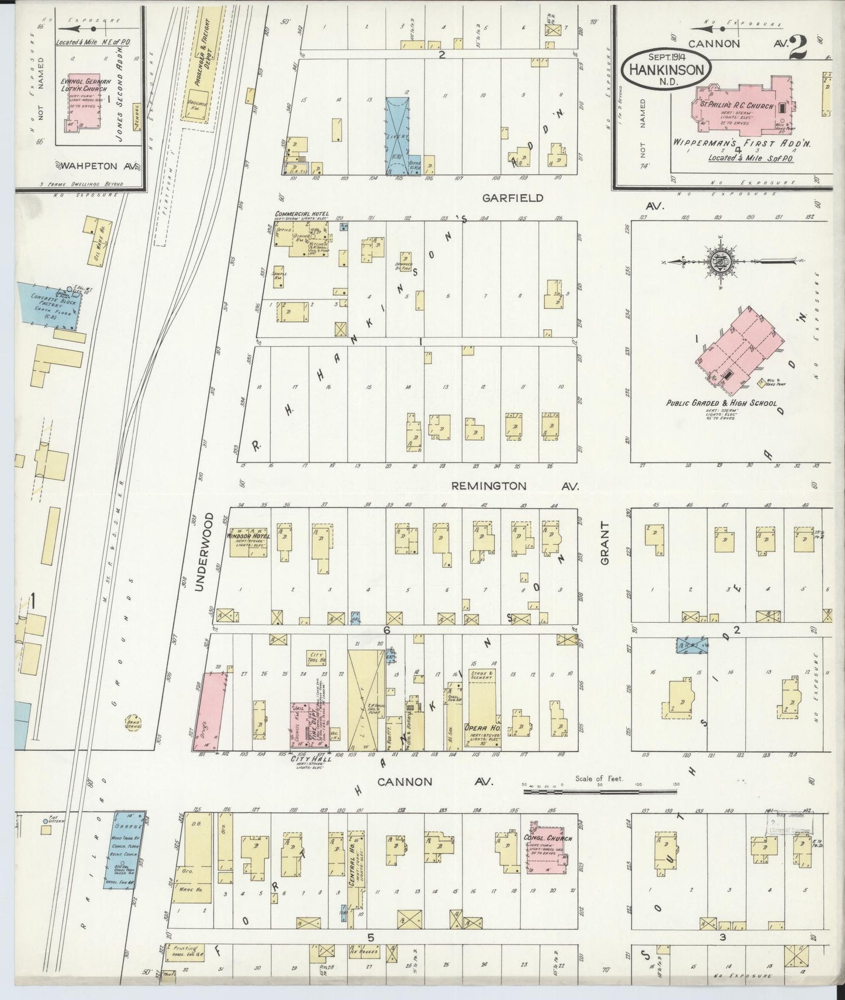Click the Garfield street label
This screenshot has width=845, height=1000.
[x=512, y=198]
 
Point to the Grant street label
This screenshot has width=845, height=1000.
[x=605, y=543]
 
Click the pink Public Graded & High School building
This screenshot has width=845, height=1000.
[x=739, y=351]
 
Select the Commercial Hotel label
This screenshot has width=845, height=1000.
[x=302, y=214]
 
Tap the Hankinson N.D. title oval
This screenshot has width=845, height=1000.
[x=666, y=69]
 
